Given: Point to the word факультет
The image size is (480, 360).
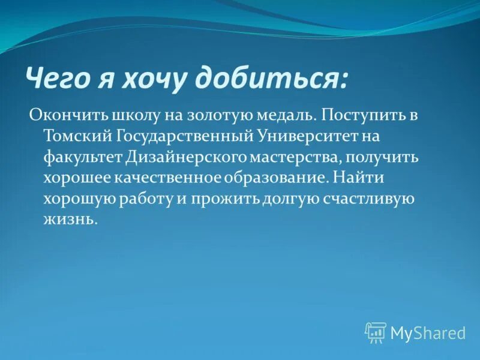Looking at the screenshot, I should pyautogui.click(x=82, y=157).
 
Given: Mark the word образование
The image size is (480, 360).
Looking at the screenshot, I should pyautogui.click(x=277, y=178).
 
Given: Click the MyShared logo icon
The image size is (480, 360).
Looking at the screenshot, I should pyautogui.click(x=376, y=332).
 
